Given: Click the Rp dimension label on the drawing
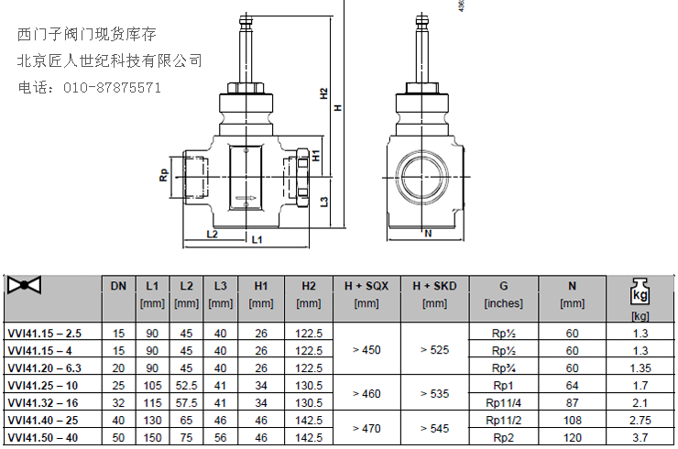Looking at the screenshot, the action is (x=163, y=175).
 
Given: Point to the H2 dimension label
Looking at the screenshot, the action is (x=323, y=93).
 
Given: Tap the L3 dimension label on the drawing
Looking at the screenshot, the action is (x=323, y=202).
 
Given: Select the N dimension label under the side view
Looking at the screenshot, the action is (x=428, y=234).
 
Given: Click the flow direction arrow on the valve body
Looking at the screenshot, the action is (x=246, y=199).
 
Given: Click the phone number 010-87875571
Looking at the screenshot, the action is (x=112, y=88).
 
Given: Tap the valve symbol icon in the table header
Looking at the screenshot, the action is (x=24, y=285).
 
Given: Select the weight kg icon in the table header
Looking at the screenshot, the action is (x=640, y=291).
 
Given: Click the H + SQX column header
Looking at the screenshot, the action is (x=366, y=286).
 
